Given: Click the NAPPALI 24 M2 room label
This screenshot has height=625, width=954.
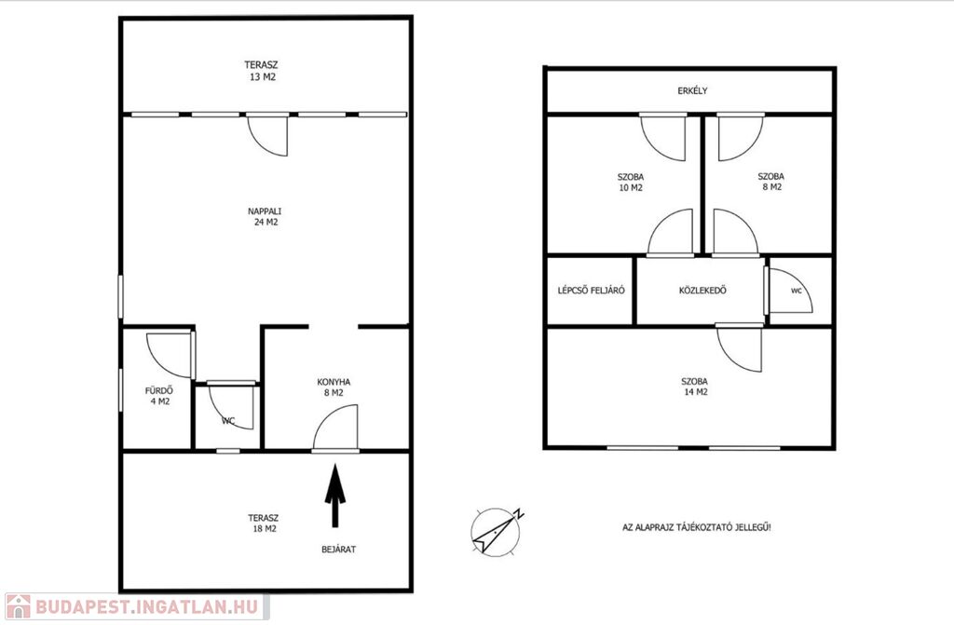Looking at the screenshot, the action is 265,217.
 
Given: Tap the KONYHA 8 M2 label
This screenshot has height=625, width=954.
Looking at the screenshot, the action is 334,387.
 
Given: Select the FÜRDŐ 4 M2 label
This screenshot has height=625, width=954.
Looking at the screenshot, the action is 159,396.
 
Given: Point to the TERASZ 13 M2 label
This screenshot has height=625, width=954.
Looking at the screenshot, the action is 262,71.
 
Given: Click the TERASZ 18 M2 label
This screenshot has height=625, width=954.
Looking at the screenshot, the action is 264,523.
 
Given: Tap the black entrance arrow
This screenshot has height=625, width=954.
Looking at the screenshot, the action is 334,496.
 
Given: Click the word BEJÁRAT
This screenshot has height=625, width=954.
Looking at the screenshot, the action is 339,549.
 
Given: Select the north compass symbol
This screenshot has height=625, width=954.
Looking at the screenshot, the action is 497,531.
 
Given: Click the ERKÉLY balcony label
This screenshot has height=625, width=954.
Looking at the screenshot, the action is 692,90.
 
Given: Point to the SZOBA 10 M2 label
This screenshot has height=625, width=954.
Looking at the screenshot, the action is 631,182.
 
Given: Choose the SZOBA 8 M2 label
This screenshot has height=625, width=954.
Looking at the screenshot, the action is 770,182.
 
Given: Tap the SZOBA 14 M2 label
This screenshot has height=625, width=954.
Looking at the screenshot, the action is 695,387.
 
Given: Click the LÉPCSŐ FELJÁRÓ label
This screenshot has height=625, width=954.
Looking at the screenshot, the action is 591,291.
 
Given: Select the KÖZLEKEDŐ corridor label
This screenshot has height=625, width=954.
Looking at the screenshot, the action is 702,291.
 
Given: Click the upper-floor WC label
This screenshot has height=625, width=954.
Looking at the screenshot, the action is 797,291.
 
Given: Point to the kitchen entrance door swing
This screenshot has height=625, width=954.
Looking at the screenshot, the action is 335,428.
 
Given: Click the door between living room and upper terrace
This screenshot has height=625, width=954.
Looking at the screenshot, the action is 267,135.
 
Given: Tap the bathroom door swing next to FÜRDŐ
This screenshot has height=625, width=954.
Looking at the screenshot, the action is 170,356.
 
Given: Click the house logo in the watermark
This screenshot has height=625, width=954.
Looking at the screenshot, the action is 18,606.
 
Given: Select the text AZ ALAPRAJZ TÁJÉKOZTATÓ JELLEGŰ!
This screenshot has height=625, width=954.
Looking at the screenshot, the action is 697,527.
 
